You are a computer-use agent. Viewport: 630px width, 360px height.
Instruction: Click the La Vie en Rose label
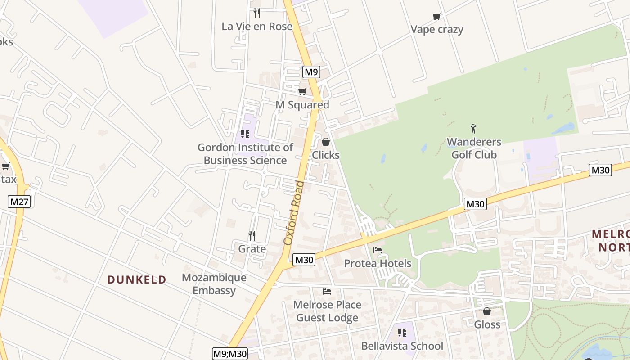click(x=257, y=27)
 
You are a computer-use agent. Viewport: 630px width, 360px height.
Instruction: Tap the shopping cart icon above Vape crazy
click(x=436, y=17)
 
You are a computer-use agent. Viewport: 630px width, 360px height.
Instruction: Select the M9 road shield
click(x=311, y=72)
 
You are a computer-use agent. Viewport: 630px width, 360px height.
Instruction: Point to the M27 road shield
click(x=19, y=202)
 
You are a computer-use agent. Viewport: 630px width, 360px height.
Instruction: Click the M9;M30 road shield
click(x=230, y=354)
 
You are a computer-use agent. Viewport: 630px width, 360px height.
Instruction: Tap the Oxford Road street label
click(x=294, y=213)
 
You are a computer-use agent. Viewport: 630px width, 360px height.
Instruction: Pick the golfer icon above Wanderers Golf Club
click(x=473, y=129)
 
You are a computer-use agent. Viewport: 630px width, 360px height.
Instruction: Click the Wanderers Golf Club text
click(x=474, y=148)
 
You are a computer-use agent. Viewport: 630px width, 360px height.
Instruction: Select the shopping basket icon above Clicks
click(x=326, y=142)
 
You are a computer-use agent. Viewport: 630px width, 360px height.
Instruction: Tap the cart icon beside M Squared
click(x=302, y=92)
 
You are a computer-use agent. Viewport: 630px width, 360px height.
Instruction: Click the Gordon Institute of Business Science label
click(x=245, y=154)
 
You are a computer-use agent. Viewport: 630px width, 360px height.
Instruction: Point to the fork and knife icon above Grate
click(x=252, y=235)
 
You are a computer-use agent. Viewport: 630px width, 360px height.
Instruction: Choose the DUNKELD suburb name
click(x=137, y=279)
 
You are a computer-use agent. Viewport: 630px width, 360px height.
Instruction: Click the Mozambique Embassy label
click(x=214, y=284)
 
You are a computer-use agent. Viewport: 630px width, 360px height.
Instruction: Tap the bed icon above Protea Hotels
click(x=378, y=250)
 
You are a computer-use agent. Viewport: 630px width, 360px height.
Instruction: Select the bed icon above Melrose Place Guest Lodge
click(x=327, y=292)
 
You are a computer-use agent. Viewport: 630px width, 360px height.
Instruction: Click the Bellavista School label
click(x=402, y=346)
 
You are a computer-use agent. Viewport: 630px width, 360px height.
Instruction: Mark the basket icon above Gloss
click(x=487, y=311)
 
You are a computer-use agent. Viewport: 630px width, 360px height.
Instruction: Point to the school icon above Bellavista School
click(x=402, y=333)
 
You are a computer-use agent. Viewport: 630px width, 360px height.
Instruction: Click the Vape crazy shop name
click(x=437, y=30)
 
